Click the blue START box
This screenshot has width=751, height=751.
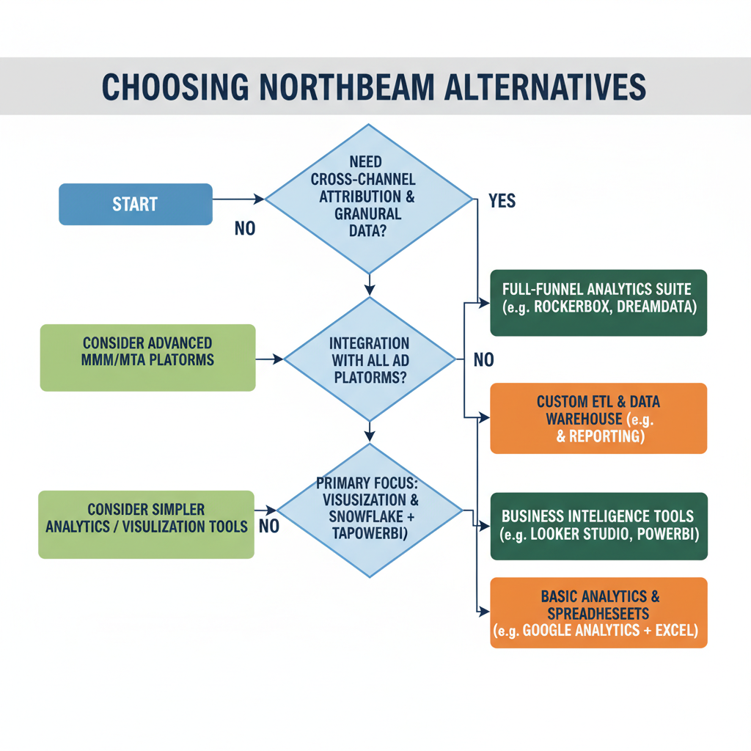pyautogui.click(x=135, y=204)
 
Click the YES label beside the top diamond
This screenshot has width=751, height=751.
pyautogui.click(x=502, y=201)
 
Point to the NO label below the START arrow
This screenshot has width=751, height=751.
pyautogui.click(x=245, y=229)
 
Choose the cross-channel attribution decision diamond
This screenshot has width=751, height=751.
pyautogui.click(x=370, y=198)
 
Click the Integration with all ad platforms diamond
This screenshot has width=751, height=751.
pyautogui.click(x=370, y=359)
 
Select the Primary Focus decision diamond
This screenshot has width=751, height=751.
pyautogui.click(x=370, y=510)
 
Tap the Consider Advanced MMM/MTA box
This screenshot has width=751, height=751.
pyautogui.click(x=147, y=358)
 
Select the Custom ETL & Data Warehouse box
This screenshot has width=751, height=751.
pyautogui.click(x=598, y=419)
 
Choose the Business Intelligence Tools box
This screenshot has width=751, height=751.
pyautogui.click(x=598, y=525)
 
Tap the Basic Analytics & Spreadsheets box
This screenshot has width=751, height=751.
pyautogui.click(x=598, y=612)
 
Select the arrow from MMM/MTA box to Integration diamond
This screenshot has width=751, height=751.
pyautogui.click(x=269, y=359)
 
